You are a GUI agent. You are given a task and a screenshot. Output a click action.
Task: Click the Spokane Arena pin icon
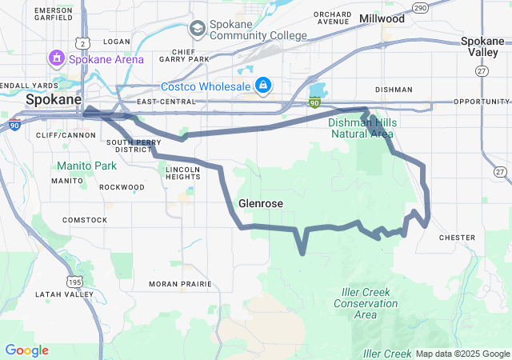(56, 58)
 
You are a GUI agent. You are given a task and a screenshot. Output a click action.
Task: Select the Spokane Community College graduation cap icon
(197, 30)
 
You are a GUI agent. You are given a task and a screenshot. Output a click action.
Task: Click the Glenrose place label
(261, 203)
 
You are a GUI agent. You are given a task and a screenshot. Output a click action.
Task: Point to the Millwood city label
(382, 18)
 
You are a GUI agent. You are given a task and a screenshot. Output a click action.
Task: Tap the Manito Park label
(86, 166)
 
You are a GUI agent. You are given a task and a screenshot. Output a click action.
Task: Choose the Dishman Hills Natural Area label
(362, 128)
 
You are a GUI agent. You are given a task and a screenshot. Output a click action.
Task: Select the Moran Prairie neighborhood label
(181, 284)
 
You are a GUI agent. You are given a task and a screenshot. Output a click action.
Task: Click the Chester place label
(458, 237)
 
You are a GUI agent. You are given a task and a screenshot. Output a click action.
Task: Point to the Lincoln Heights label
(182, 173)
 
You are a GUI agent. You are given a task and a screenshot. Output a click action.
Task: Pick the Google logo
(26, 350)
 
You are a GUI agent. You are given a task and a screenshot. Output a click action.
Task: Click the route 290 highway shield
(419, 7)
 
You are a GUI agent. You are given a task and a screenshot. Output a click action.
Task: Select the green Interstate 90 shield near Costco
(315, 102)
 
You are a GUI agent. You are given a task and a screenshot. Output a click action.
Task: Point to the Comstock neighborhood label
(85, 219)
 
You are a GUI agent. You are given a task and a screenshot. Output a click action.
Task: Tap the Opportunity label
(481, 102)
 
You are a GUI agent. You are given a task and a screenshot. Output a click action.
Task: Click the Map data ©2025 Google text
(462, 354)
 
